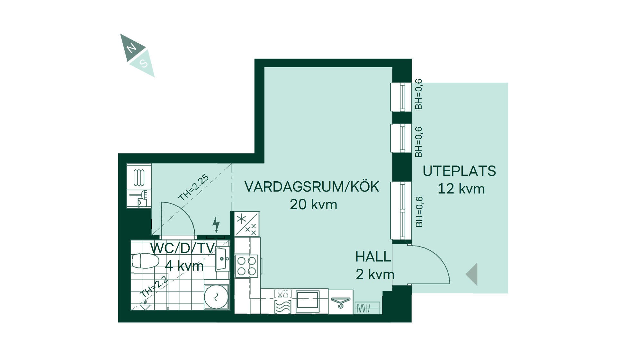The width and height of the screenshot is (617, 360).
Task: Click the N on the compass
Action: tap(131, 49)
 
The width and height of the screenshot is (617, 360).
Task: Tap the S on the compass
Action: tap(144, 64)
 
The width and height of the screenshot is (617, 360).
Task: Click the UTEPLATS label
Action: tap(459, 171)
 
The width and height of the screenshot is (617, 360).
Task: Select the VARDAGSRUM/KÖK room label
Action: tap(312, 186)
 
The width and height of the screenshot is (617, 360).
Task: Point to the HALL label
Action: tap(373, 256)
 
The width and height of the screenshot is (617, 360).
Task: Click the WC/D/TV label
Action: tap(183, 248)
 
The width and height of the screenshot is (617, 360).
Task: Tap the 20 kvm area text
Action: tap(313, 204)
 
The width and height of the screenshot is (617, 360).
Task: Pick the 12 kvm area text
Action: tap(461, 189)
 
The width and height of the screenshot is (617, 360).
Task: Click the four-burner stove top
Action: tap(247, 266)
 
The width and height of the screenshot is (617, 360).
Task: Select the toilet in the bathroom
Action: tap(145, 261)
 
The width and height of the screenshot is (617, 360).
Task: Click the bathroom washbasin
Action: tap(222, 259)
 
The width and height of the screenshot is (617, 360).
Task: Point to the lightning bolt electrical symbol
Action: tap(216, 224)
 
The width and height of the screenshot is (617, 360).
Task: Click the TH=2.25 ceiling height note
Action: tap(194, 188)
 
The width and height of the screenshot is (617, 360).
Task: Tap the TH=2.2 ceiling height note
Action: tap(155, 287)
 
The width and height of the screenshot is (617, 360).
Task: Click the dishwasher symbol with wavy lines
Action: tap(283, 306)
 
